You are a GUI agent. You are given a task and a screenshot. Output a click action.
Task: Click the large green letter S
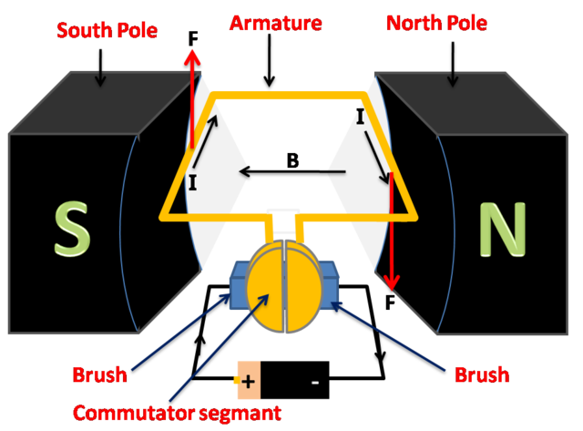click(72, 229)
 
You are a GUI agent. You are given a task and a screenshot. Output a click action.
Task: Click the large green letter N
click(502, 229)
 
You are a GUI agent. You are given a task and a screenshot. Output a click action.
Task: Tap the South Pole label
click(107, 29)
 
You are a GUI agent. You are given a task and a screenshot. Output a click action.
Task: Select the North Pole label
click(435, 23)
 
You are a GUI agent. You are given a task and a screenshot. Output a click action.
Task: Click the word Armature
click(275, 23)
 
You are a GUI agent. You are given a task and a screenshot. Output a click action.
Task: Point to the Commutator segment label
click(177, 412)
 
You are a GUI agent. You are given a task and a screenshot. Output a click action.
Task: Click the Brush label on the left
click(100, 375)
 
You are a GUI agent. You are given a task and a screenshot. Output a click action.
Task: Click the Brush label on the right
click(481, 375)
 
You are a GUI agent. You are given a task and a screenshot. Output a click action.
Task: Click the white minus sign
click(315, 382)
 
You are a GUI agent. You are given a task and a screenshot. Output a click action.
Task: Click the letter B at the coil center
click(292, 161)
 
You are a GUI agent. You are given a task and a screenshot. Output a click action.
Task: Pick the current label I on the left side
click(192, 183)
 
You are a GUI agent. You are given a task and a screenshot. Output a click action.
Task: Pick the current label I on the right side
click(360, 118)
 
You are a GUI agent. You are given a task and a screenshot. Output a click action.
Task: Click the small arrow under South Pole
click(100, 78)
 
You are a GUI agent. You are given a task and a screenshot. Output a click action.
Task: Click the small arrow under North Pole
click(454, 78)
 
